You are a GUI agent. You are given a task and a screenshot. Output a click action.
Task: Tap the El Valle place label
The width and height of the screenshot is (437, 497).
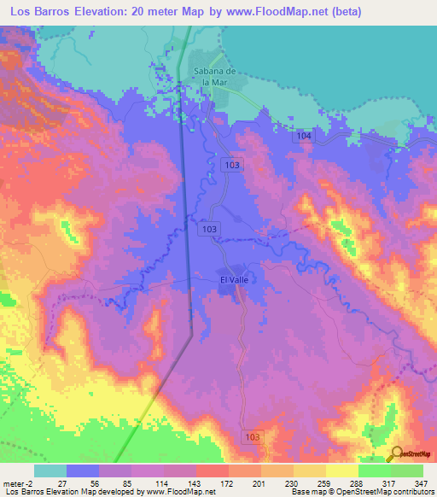pyautogui.click(x=234, y=279)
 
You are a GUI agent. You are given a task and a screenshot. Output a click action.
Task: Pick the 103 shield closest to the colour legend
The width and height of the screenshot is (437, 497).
pyautogui.click(x=251, y=436)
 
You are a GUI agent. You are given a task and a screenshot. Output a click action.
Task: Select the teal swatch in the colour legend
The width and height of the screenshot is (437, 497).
pyautogui.click(x=50, y=471)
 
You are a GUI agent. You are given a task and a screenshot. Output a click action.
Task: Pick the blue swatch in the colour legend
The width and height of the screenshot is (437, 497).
pyautogui.click(x=83, y=471)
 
